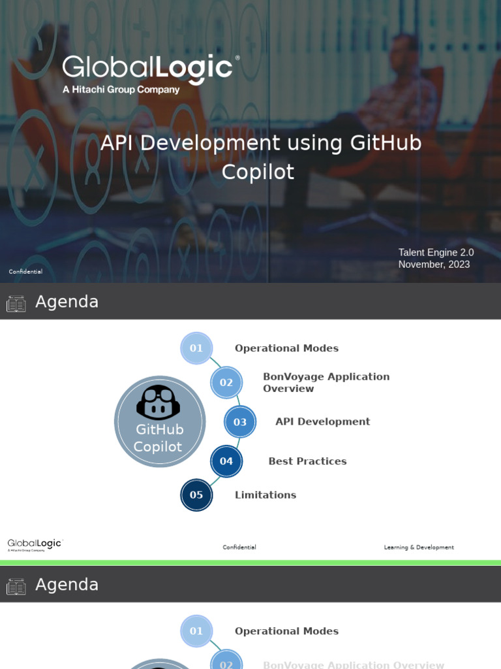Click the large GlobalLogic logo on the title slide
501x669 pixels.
tap(148, 69)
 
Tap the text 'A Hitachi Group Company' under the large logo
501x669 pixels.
tap(121, 90)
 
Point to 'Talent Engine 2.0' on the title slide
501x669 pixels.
tap(436, 252)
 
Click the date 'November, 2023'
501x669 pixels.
tap(434, 265)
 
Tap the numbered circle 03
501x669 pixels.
tap(240, 422)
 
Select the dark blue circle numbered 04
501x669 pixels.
tap(226, 461)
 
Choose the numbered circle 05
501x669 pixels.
tap(196, 495)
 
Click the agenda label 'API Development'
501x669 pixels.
tap(322, 422)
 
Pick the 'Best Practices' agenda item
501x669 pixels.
tap(307, 461)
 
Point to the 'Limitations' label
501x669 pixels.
tap(266, 495)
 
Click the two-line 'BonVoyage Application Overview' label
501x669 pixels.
tap(326, 383)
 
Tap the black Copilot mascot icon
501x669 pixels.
tap(159, 402)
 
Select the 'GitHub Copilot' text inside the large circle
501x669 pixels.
tap(159, 438)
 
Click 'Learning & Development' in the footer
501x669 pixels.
tap(419, 547)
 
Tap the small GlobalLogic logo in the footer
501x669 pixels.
tap(35, 545)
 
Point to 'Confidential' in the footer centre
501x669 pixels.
tap(239, 547)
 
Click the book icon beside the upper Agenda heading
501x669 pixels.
tap(16, 303)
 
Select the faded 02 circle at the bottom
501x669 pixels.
tap(226, 663)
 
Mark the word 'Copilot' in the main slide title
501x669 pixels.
tap(258, 172)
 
